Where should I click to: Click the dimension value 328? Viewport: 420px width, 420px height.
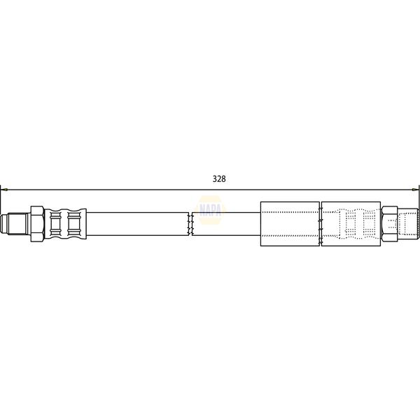click(219, 178)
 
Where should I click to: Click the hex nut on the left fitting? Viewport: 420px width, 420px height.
click(37, 224)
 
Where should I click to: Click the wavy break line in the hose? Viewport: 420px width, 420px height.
click(190, 224)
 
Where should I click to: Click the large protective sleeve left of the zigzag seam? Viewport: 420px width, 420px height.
click(290, 224)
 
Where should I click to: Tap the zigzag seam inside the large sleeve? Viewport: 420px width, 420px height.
click(320, 224)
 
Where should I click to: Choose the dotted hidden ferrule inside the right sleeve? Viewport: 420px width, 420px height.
click(353, 224)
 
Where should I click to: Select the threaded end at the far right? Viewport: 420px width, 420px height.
click(409, 224)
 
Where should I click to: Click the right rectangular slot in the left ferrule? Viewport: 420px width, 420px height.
click(75, 224)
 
